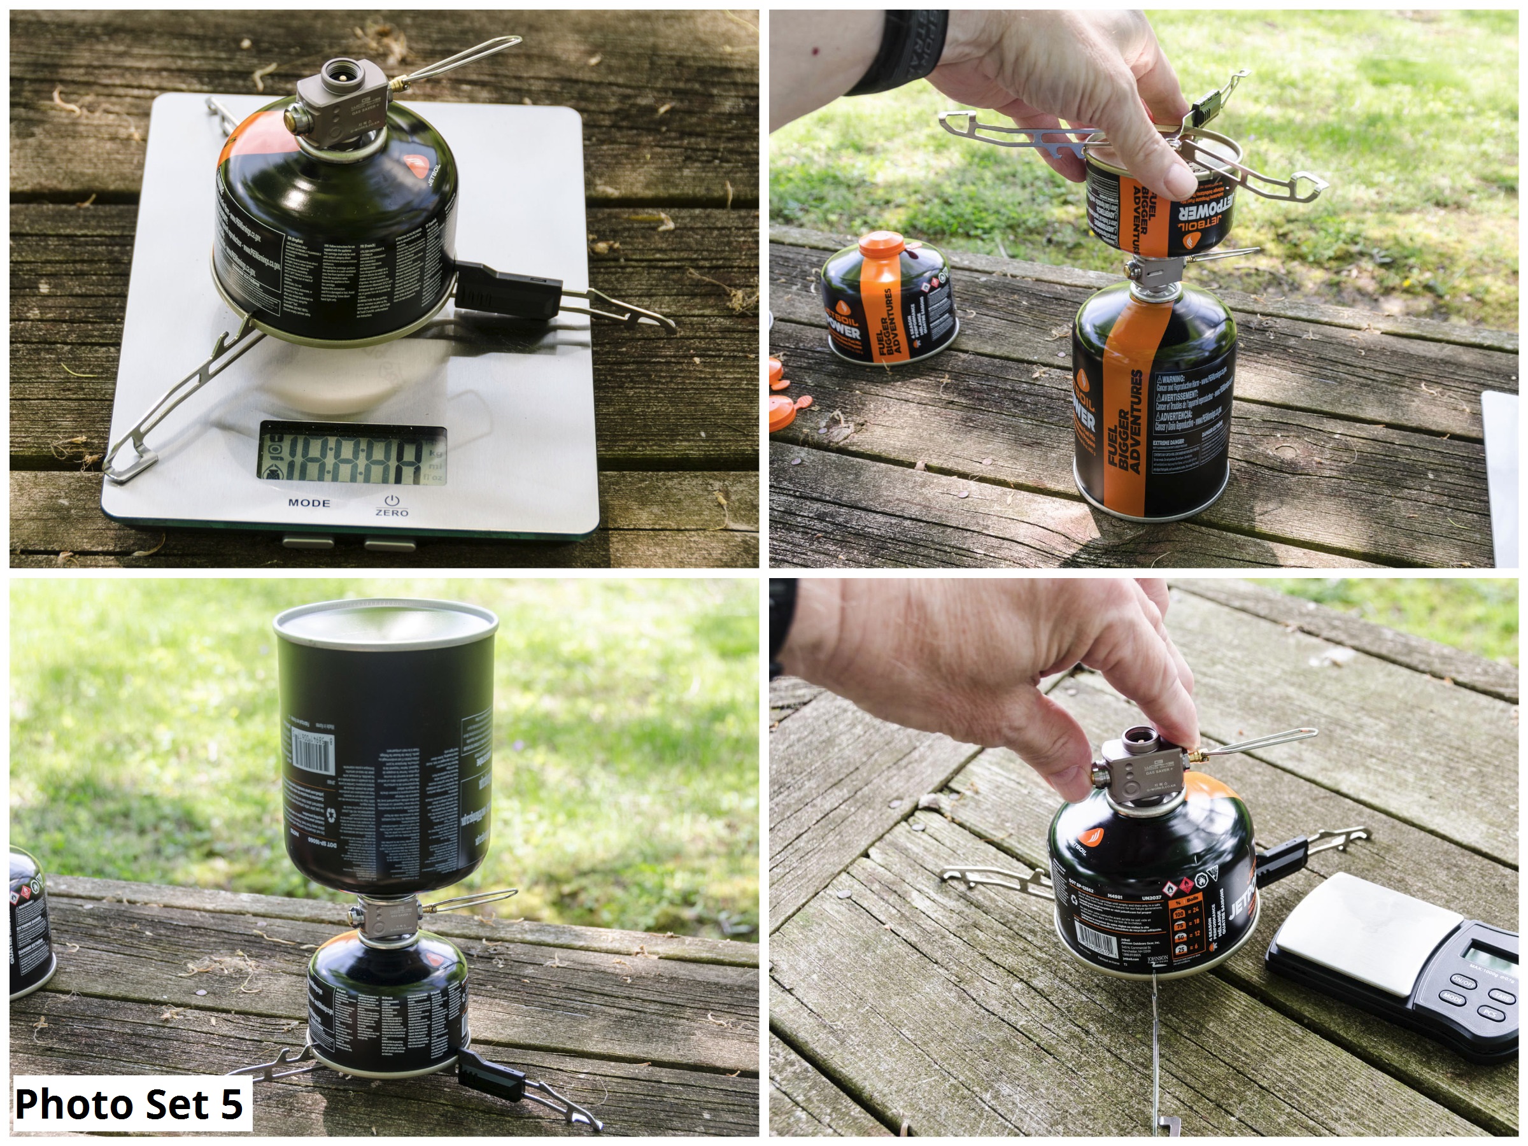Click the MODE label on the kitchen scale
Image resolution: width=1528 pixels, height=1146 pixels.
click(309, 502)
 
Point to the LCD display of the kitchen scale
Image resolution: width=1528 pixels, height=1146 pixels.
click(352, 453)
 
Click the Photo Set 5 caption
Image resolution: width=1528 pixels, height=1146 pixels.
click(130, 1103)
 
